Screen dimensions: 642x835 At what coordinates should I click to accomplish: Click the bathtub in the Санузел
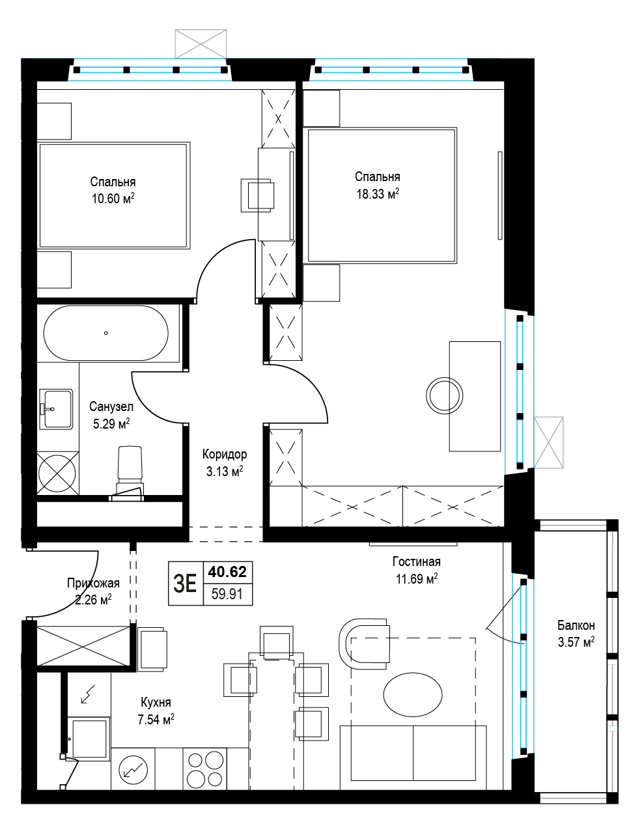click(106, 333)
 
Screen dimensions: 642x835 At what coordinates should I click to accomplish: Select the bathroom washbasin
click(56, 409)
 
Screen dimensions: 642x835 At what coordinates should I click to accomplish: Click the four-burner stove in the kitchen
click(205, 769)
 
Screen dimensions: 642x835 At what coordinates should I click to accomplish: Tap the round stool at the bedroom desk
click(444, 395)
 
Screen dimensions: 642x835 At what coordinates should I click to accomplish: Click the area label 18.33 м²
click(378, 193)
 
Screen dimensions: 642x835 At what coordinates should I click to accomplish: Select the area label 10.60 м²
click(113, 198)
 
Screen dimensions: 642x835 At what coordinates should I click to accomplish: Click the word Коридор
click(225, 454)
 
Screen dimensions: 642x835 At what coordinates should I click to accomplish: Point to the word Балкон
click(576, 625)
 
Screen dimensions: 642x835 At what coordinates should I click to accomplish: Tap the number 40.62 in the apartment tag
click(227, 572)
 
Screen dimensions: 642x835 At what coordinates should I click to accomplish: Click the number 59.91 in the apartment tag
click(227, 594)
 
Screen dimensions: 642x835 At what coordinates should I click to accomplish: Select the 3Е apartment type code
click(185, 584)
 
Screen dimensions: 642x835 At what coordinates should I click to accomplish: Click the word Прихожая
click(93, 583)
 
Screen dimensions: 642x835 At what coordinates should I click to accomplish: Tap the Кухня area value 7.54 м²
click(156, 719)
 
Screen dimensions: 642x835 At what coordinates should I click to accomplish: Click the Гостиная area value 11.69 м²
click(417, 578)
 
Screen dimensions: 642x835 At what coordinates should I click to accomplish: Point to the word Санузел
click(111, 406)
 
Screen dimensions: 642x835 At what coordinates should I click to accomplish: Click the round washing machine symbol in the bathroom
click(57, 473)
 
